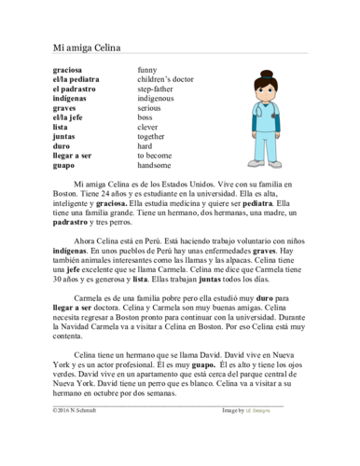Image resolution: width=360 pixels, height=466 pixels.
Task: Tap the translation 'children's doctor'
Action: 165,80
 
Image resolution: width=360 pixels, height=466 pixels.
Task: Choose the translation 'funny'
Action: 146,71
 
